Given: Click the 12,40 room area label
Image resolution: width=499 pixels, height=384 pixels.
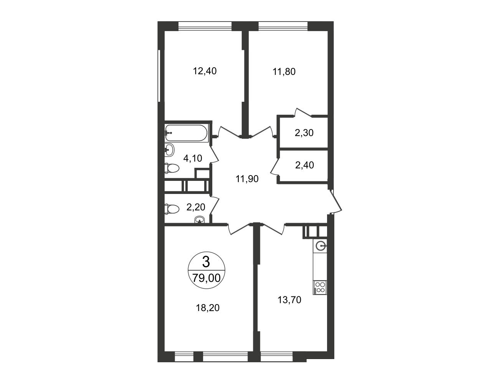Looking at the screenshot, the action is click(205, 71).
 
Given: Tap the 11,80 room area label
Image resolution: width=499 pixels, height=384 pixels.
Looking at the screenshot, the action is click(284, 72).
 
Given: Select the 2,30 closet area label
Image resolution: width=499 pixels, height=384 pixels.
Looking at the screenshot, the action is click(304, 133).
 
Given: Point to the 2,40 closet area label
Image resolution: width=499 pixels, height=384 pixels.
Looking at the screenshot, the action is click(304, 165).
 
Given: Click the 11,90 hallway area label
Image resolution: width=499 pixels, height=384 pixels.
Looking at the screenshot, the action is click(247, 179).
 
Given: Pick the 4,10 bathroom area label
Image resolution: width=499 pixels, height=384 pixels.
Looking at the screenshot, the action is click(193, 158).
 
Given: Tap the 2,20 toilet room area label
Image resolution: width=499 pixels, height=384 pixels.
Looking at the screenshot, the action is click(196, 207).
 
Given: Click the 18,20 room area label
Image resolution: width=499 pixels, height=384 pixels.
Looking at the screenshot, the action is click(208, 308).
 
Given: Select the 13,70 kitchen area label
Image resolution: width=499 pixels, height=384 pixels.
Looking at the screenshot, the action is click(289, 300).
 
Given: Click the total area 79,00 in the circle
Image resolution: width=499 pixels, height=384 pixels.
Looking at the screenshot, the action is click(207, 278).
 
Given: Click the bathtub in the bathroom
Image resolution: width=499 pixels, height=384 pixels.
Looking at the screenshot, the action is click(186, 133).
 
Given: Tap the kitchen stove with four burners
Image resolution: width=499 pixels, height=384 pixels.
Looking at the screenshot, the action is click(320, 287).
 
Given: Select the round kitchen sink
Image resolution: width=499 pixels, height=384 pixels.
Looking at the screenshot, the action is click(320, 246).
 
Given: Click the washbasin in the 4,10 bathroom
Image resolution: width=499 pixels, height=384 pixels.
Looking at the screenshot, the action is click(170, 150).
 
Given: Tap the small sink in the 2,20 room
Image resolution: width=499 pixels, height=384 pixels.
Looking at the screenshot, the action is click(200, 220).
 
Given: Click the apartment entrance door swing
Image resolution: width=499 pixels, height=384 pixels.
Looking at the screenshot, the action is click(335, 202).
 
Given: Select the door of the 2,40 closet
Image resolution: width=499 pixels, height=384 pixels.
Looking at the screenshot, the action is click(275, 167).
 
